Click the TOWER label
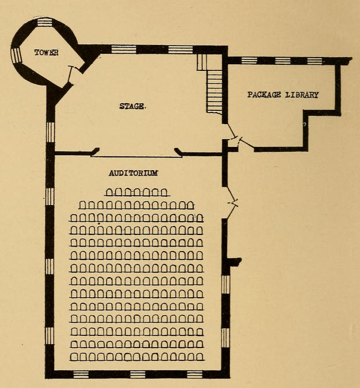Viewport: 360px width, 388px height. click(46, 53)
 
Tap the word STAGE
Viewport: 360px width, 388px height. click(133, 106)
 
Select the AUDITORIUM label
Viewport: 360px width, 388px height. click(133, 173)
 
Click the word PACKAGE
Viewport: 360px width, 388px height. click(264, 95)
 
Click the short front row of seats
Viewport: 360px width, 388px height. click(136, 192)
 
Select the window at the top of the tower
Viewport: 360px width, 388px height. click(44, 23)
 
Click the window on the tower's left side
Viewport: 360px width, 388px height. click(16, 55)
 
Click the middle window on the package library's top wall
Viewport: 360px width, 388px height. click(282, 60)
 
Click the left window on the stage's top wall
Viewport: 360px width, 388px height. click(124, 49)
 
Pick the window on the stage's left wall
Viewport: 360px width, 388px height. click(50, 132)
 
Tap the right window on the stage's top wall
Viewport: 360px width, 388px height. click(181, 49)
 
